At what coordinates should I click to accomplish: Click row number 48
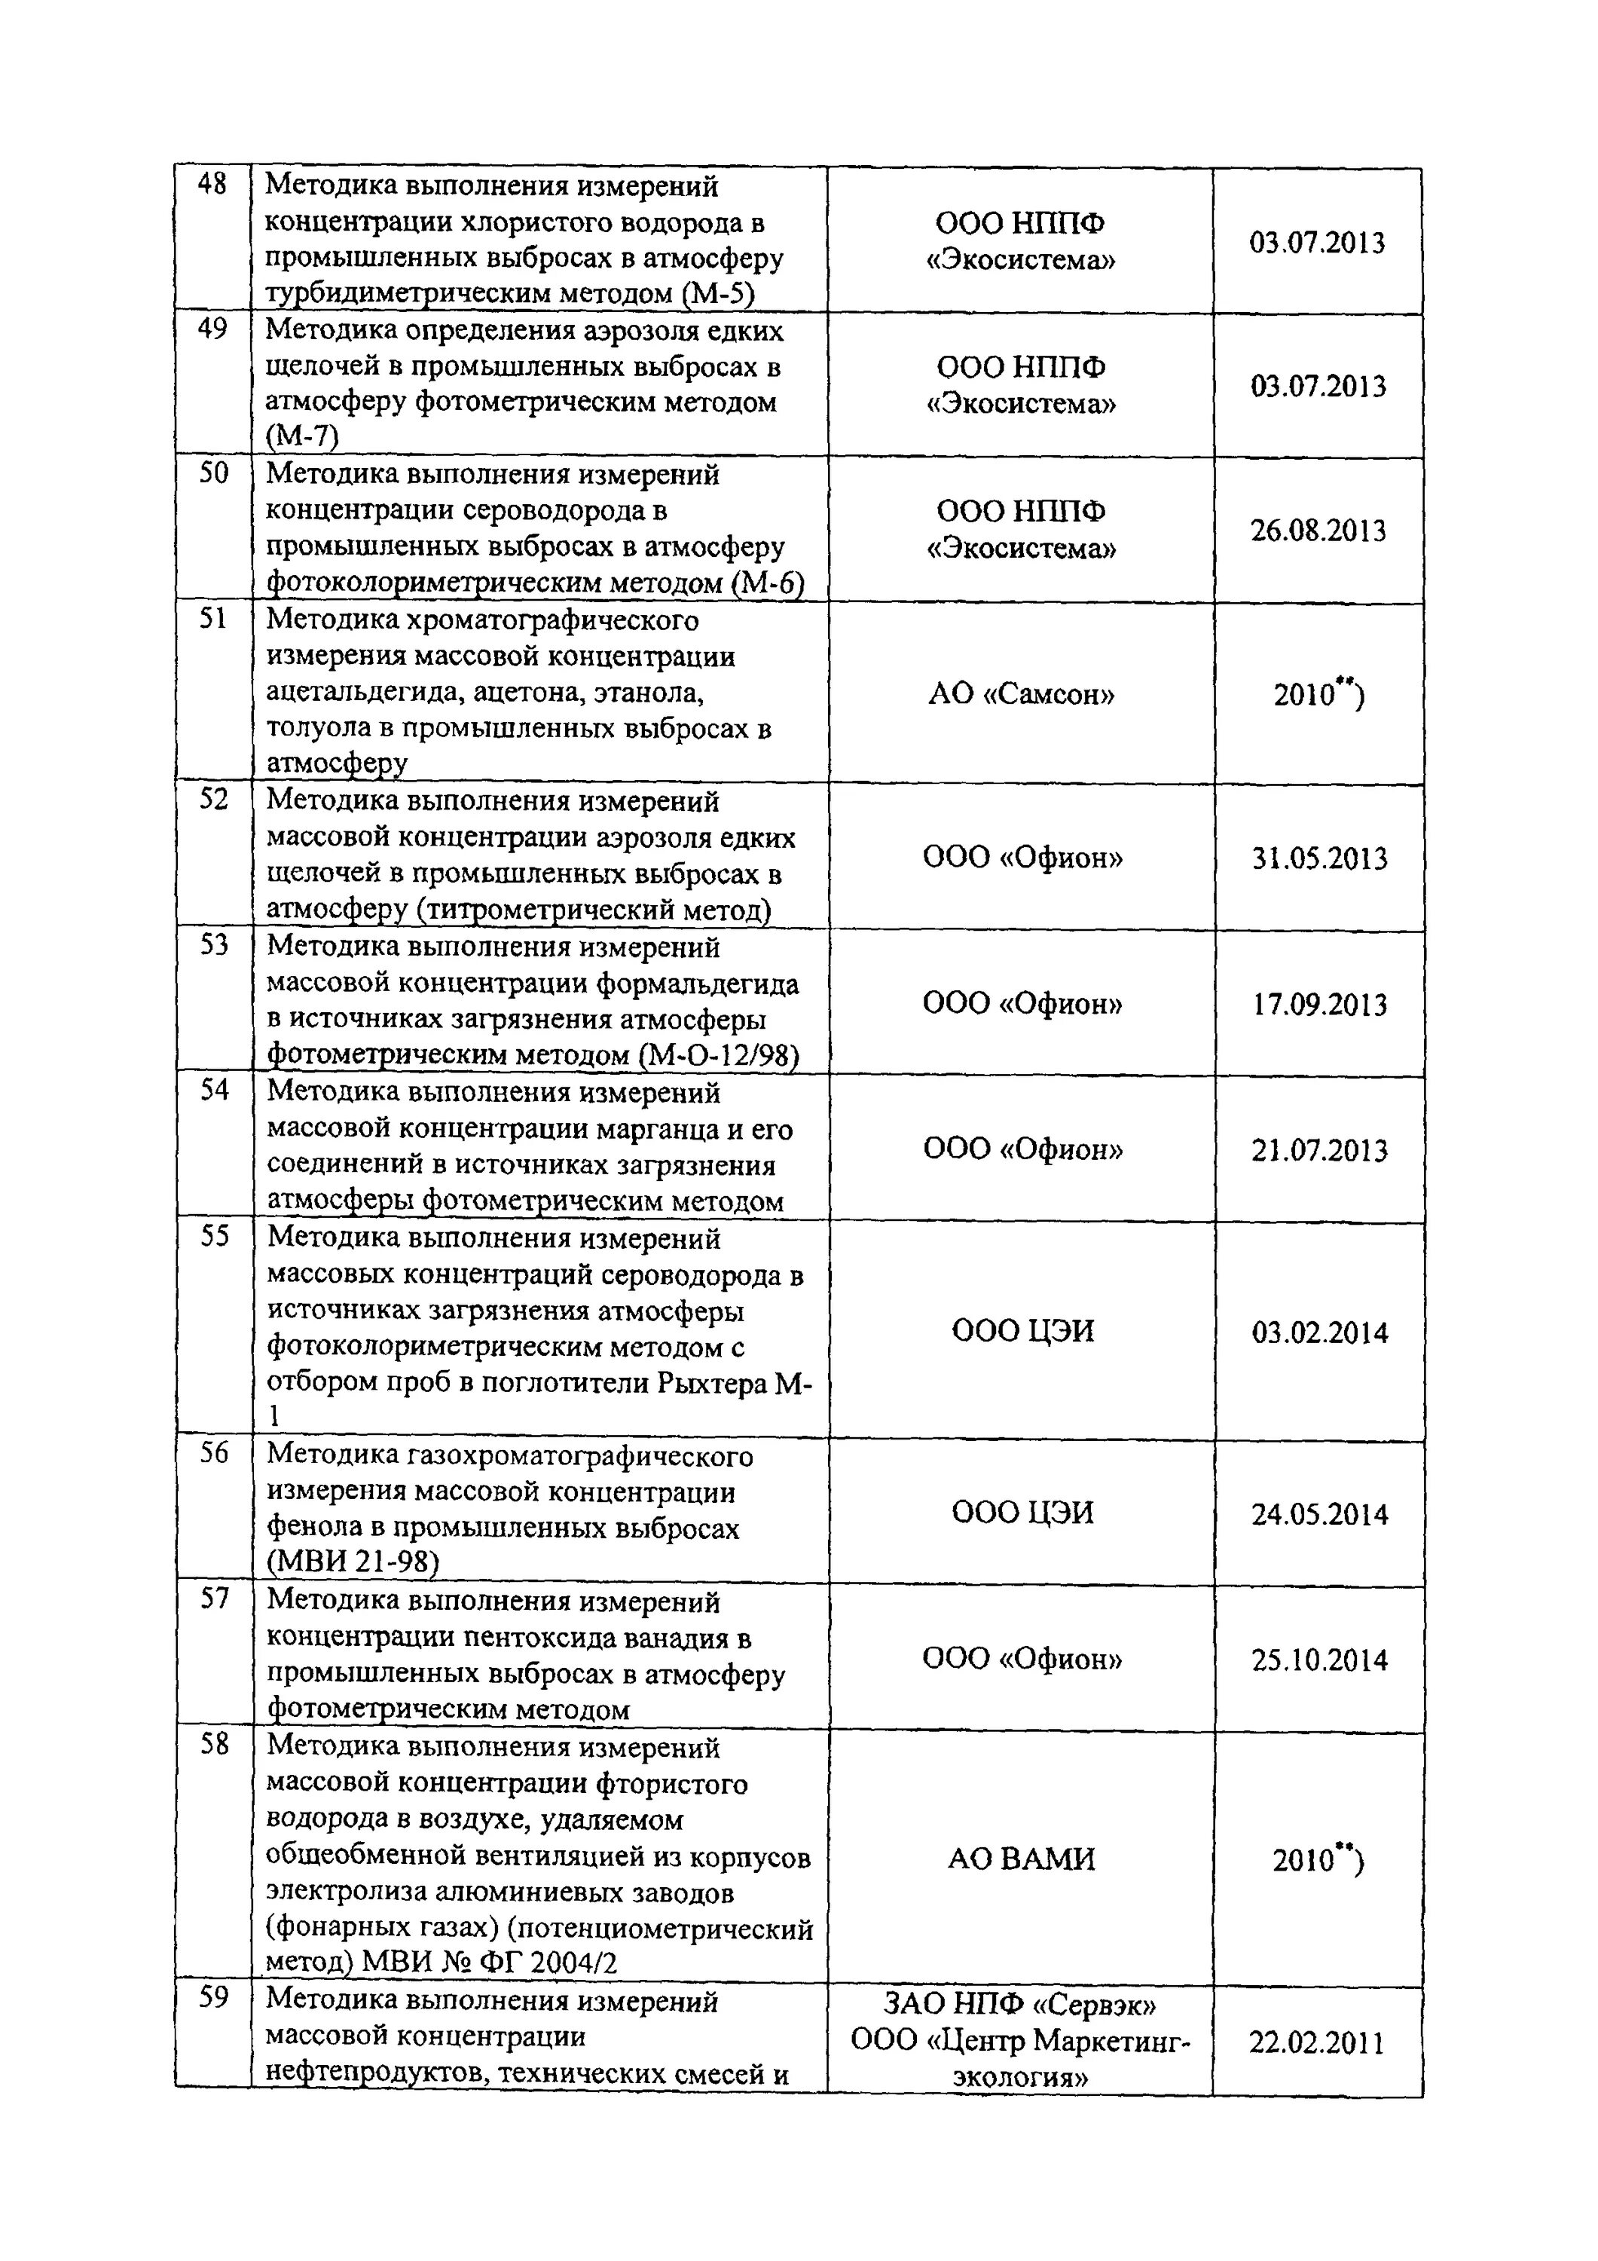tap(212, 184)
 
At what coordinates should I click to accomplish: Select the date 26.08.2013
tap(1318, 532)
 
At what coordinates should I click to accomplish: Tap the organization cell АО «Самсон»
tap(1021, 695)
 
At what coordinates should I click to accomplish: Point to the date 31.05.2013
tap(1318, 858)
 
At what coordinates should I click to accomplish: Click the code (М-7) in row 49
tap(301, 436)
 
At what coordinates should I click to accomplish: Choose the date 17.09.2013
tap(1318, 1005)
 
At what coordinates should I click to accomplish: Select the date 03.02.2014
tap(1319, 1333)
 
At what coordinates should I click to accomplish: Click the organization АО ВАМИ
tap(1021, 1859)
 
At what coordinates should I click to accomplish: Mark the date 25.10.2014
tap(1319, 1660)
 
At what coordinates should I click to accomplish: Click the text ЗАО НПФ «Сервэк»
tap(1021, 2004)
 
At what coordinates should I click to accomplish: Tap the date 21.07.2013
tap(1318, 1150)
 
